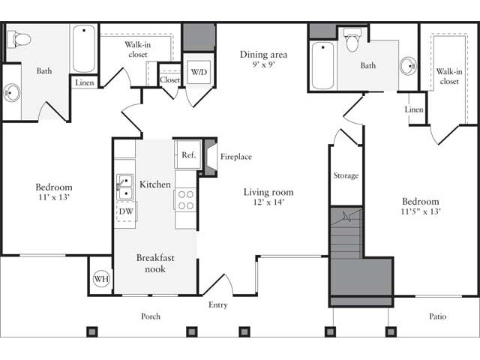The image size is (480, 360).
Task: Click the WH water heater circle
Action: tap(100, 278)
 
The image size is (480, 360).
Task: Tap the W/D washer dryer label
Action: tap(199, 72)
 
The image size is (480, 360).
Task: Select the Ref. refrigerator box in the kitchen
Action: tap(188, 154)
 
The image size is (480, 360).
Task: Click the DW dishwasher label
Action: tap(126, 211)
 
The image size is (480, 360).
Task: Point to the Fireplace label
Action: tap(235, 157)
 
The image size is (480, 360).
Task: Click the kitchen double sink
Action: tap(125, 187)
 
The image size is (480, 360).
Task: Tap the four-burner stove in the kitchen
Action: tap(185, 199)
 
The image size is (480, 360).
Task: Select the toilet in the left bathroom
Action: tap(19, 39)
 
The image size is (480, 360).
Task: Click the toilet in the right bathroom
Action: tap(352, 40)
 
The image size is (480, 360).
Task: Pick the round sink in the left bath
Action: tap(11, 93)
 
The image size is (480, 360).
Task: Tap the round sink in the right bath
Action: tap(407, 66)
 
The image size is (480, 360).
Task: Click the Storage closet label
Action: tap(346, 175)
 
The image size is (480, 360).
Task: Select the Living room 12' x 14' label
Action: tap(263, 197)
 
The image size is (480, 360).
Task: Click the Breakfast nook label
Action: tap(155, 263)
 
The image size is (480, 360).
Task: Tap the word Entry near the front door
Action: tap(217, 305)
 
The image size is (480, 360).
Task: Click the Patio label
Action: tap(437, 316)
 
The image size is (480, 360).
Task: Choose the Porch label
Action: tap(151, 316)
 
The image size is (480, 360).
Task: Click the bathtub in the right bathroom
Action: tap(322, 65)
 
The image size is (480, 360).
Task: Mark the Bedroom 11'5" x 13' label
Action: tap(420, 206)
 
